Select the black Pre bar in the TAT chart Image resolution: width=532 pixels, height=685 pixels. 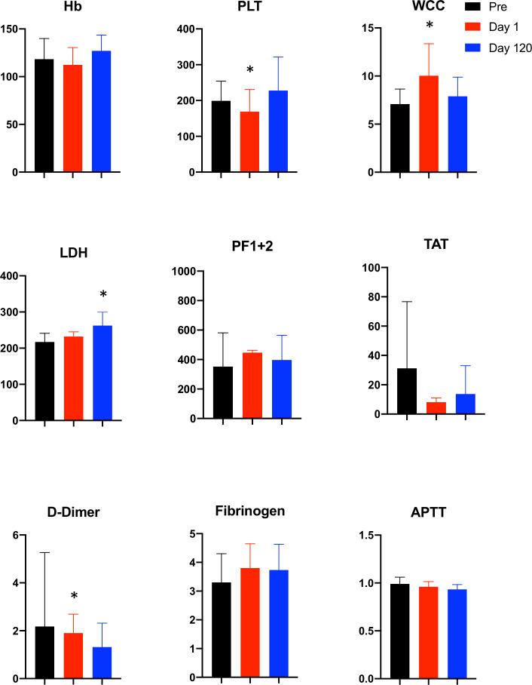point(407,392)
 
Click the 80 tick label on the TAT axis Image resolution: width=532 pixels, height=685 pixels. point(369,296)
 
